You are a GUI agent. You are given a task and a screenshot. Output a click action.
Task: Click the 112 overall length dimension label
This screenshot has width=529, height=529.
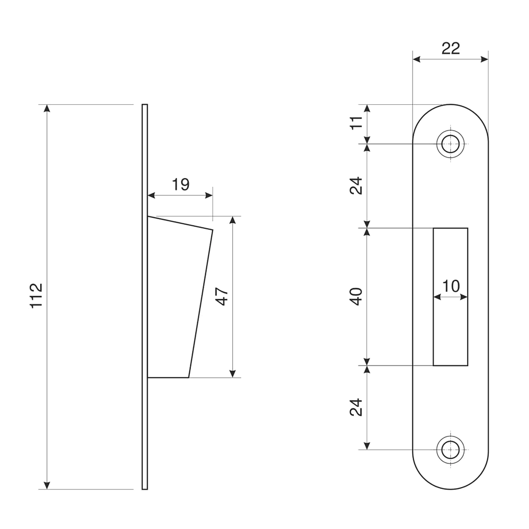[37, 296]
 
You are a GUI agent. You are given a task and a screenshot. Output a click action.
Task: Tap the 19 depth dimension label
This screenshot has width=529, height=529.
[180, 184]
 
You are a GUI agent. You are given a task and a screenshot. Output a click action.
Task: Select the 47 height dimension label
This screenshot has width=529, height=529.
[223, 297]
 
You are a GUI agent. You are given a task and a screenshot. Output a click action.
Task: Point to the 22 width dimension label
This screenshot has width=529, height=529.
[451, 48]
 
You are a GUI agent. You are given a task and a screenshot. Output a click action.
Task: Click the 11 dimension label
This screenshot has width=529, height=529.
[356, 123]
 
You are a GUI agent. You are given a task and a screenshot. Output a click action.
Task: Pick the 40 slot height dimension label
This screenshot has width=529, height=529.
[356, 297]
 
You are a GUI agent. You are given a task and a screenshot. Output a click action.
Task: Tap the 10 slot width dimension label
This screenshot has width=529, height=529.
[451, 286]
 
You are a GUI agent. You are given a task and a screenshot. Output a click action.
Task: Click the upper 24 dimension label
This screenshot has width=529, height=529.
[356, 186]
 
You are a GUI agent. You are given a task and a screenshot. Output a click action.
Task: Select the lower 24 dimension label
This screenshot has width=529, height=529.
[356, 407]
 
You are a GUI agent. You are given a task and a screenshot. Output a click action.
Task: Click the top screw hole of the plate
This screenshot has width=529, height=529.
[450, 144]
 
